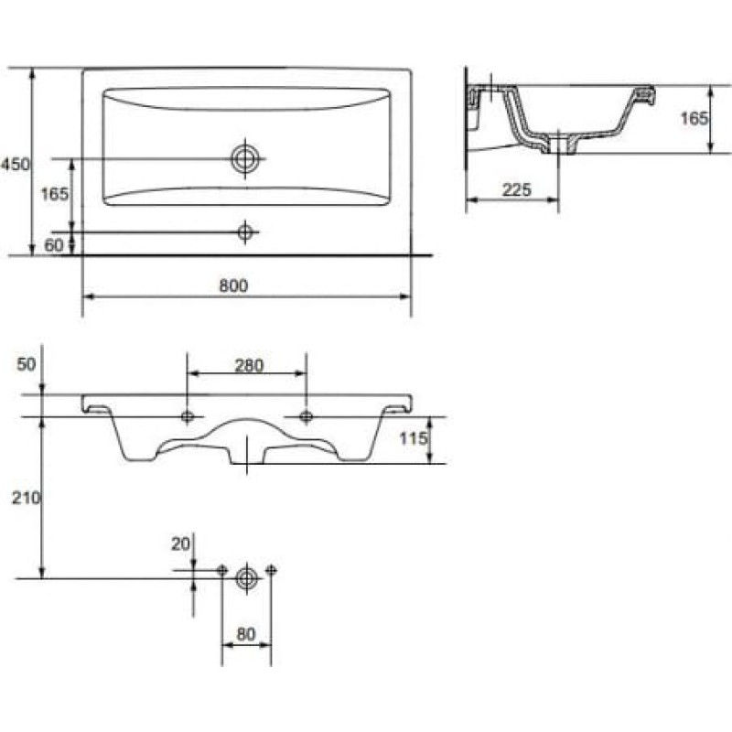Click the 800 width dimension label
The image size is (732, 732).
click(x=233, y=285)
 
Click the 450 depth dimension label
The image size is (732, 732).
click(x=15, y=165)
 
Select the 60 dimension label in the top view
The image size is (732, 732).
click(x=54, y=245)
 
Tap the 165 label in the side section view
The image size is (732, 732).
click(x=694, y=119)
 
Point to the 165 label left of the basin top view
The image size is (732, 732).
click(x=55, y=194)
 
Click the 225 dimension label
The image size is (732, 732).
click(x=517, y=190)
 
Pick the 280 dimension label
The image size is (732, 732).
click(x=249, y=365)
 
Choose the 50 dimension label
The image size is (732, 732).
click(x=27, y=364)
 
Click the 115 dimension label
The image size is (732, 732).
click(x=414, y=438)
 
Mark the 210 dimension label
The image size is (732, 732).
click(x=27, y=498)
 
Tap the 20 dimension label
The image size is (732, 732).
click(x=180, y=544)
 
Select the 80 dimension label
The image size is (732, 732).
click(x=246, y=634)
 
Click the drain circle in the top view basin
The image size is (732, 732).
click(x=245, y=158)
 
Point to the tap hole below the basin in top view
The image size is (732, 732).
click(x=245, y=231)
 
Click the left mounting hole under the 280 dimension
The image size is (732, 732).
click(x=188, y=416)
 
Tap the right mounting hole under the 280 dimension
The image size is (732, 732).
click(x=307, y=416)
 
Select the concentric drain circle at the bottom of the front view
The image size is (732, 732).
click(x=246, y=579)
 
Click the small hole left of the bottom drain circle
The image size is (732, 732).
click(x=222, y=570)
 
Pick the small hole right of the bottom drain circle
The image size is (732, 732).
click(x=271, y=570)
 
